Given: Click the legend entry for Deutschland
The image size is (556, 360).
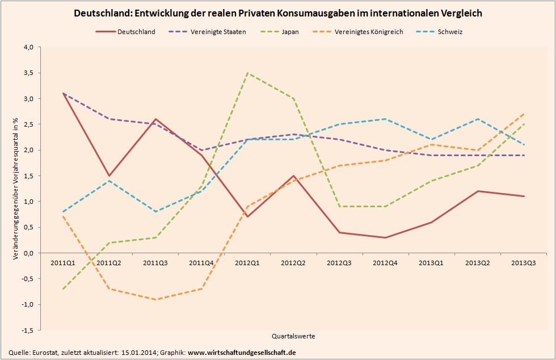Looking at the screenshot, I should (x=136, y=32).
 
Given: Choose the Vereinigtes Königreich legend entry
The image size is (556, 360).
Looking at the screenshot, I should (x=369, y=32).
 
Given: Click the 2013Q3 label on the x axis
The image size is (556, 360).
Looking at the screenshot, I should (x=523, y=263).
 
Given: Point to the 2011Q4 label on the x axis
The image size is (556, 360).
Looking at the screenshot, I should (x=201, y=263).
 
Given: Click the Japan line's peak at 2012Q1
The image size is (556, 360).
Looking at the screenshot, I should (x=248, y=73).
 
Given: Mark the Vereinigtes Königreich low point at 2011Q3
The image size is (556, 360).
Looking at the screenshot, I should (x=156, y=299).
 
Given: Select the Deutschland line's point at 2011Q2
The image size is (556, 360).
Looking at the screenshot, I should (x=109, y=175).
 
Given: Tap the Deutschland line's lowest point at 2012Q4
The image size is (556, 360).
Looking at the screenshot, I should (x=386, y=237).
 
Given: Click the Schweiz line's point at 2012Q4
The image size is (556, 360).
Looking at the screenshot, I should (x=386, y=119).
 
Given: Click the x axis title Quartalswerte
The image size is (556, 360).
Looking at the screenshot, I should (x=293, y=336).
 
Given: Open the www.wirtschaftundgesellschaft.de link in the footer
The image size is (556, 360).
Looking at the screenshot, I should (x=242, y=353).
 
